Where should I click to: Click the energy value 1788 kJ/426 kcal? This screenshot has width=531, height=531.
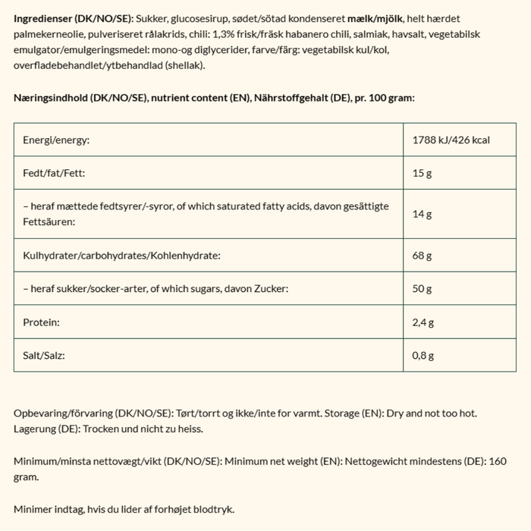click(451, 140)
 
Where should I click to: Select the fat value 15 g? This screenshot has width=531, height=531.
click(422, 174)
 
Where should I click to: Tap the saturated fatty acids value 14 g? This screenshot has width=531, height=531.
click(422, 215)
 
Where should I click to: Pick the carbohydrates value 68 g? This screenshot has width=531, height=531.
click(422, 256)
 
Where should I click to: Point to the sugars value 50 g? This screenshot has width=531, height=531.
click(422, 289)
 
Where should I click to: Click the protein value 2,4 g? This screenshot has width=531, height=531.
click(423, 322)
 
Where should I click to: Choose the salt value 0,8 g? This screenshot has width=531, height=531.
click(423, 356)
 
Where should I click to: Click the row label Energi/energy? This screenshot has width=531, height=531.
click(56, 140)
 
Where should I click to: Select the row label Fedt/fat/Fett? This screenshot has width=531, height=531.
click(54, 174)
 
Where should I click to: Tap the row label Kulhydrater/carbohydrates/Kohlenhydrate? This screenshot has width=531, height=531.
click(121, 256)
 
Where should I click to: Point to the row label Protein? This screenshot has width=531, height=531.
click(42, 322)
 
